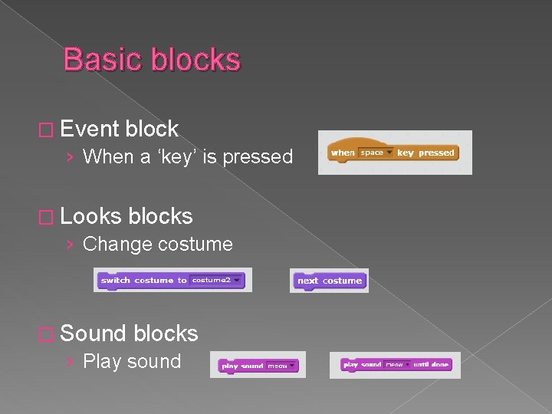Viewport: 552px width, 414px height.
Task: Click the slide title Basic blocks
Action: [152, 60]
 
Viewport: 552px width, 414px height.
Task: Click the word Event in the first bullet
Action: [89, 129]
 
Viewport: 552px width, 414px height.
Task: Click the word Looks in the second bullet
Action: [91, 216]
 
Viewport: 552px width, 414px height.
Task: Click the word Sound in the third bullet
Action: [93, 333]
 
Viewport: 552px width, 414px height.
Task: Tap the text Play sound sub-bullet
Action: [131, 361]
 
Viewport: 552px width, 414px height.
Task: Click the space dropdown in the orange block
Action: [376, 153]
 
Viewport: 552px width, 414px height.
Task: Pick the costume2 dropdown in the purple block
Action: [216, 281]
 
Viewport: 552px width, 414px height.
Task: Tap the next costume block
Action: [330, 281]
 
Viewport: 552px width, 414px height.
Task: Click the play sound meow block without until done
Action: [258, 366]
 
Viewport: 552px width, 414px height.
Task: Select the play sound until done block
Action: [396, 365]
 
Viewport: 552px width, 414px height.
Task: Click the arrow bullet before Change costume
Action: [70, 245]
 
